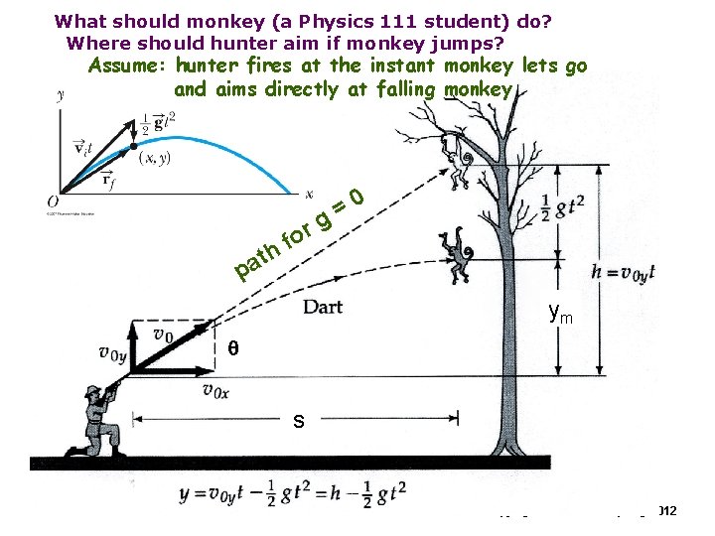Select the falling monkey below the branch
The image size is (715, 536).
point(458,254)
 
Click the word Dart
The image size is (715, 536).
point(323,306)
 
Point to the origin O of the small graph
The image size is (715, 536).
point(52,201)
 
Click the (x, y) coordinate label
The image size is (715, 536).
point(155,158)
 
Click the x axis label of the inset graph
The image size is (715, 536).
point(309,194)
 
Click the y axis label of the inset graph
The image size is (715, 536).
point(62,95)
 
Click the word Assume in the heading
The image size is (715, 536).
point(127,67)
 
